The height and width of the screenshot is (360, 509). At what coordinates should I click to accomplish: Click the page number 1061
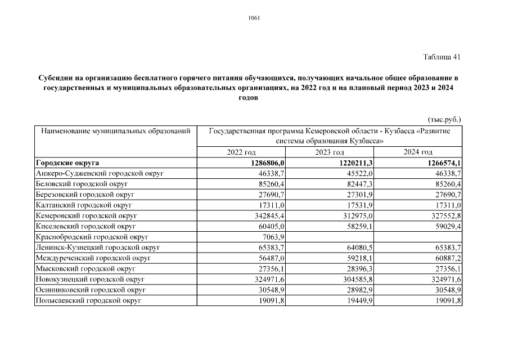click(x=254, y=18)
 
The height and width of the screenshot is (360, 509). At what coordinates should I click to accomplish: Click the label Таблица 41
click(x=442, y=57)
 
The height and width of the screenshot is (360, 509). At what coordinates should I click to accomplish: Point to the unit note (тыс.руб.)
click(x=444, y=119)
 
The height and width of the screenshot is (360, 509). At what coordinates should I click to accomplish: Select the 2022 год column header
click(x=241, y=152)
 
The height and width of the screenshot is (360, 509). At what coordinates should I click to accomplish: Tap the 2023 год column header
click(x=330, y=152)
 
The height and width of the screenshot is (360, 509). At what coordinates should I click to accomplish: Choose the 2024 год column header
click(x=418, y=152)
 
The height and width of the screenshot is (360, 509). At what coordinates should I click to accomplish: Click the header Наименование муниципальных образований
click(x=112, y=132)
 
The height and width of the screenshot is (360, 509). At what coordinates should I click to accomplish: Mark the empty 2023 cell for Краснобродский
click(x=330, y=237)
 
